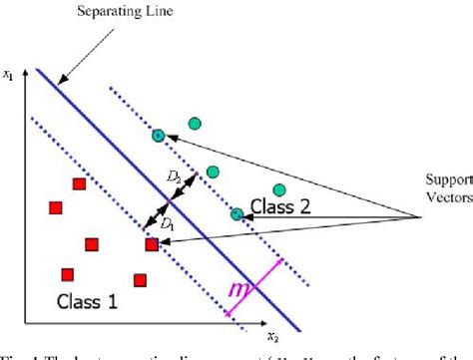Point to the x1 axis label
[7, 72]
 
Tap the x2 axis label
[270, 335]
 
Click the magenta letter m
[237, 291]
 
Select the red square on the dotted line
[152, 243]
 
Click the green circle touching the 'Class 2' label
[236, 212]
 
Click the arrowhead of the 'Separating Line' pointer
[63, 79]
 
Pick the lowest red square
[68, 274]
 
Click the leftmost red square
[55, 207]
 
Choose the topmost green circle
[195, 123]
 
